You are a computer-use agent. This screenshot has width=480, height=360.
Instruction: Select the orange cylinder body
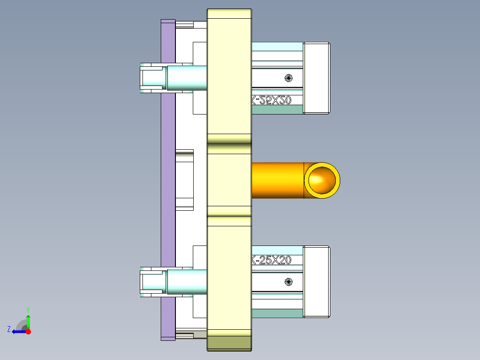click(x=277, y=180)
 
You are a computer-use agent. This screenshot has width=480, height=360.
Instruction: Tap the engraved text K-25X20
click(x=272, y=260)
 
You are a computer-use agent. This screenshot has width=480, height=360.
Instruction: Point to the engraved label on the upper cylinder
click(x=272, y=100)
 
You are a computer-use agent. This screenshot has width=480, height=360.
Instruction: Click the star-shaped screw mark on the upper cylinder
click(x=289, y=78)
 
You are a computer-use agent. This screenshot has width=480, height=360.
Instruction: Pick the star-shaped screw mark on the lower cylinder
click(x=289, y=281)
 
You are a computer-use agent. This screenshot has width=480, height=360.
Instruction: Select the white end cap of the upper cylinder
click(x=317, y=78)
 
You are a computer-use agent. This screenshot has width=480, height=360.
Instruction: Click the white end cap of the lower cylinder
click(x=317, y=281)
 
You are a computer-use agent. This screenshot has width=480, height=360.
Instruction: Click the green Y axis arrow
click(x=28, y=320)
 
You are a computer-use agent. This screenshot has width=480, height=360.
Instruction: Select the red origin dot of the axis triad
click(x=28, y=331)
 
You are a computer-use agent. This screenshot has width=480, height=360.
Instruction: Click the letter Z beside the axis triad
click(x=9, y=329)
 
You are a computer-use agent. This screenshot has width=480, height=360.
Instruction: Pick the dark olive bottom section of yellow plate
click(x=229, y=343)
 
